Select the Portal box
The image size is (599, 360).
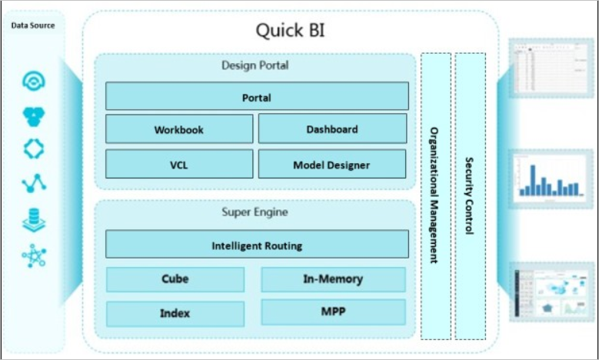click(x=257, y=97)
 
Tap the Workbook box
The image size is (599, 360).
click(x=178, y=129)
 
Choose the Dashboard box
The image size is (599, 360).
click(x=331, y=129)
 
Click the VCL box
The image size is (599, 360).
click(x=178, y=164)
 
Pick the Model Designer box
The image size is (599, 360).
click(x=331, y=164)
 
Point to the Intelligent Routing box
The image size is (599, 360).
click(x=257, y=245)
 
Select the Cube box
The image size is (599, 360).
click(x=175, y=279)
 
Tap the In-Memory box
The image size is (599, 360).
click(x=333, y=279)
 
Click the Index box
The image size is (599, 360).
click(x=175, y=313)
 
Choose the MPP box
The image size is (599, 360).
click(x=333, y=312)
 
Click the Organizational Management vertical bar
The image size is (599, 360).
click(x=435, y=195)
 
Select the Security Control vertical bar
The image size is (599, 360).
click(x=470, y=195)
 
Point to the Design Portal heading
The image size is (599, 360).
click(x=255, y=65)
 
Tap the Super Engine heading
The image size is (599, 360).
click(x=255, y=212)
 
